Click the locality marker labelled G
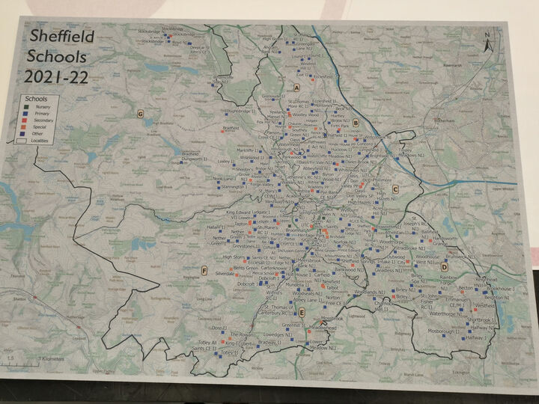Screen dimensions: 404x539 point(140,114)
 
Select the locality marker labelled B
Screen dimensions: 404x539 point(356,123)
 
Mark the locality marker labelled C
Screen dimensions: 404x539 point(395,189)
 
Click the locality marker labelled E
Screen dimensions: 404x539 point(302,312)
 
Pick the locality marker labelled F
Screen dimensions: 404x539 point(204,270)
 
